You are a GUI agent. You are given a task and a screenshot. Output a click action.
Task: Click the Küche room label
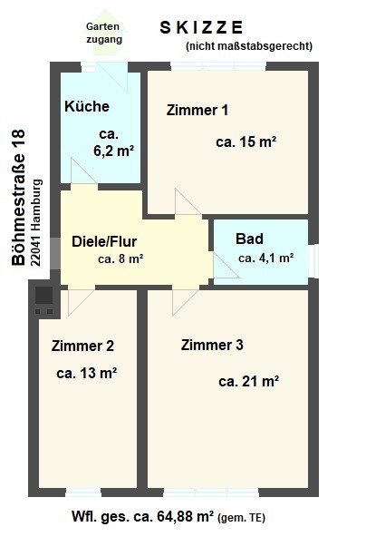click(x=87, y=106)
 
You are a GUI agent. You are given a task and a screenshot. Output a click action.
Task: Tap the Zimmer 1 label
click(x=197, y=111)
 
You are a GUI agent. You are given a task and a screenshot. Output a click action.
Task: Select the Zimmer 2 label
click(x=82, y=346)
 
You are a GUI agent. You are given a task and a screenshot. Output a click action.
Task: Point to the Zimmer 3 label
click(x=212, y=345)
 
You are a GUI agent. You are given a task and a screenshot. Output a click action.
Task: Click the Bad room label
click(x=249, y=239)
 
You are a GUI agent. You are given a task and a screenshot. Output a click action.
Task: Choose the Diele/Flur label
click(x=104, y=241)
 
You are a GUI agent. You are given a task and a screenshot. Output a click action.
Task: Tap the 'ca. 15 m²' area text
click(x=246, y=142)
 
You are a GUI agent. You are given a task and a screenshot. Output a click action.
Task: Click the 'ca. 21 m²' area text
click(x=249, y=382)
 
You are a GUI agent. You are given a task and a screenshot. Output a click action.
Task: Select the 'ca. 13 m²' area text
click(x=87, y=373)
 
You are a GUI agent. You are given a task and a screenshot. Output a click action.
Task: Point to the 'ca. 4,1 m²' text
click(x=265, y=258)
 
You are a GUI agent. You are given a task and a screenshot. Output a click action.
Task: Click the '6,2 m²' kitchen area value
click(x=114, y=151)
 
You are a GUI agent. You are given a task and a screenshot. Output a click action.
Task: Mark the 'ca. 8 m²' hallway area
click(x=120, y=259)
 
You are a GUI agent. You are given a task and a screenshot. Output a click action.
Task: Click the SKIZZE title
click(x=202, y=27)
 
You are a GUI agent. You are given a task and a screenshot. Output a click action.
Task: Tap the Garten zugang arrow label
click(x=103, y=33)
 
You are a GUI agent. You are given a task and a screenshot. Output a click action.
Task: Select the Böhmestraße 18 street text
click(x=18, y=197)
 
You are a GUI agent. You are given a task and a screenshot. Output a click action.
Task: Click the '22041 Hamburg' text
click(x=36, y=223)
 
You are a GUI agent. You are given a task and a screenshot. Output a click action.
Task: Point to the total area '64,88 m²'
click(x=182, y=516)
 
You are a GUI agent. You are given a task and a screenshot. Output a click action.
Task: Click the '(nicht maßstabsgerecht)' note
click(x=249, y=46)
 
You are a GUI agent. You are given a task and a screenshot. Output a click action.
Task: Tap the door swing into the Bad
click(x=226, y=265)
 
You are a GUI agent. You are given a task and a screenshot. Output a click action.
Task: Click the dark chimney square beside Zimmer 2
click(x=43, y=295)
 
